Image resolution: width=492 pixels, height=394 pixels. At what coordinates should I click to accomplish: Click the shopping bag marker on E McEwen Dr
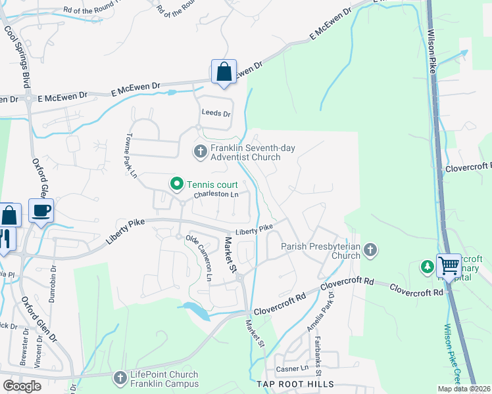pos(224,72)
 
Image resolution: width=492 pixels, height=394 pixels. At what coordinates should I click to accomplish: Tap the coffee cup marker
pos(41,211)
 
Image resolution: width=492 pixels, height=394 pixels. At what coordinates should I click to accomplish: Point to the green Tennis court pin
pos(176,184)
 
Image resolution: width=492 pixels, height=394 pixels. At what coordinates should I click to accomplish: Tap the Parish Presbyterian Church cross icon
pos(371,250)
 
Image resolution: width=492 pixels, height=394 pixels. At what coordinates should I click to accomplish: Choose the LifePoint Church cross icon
pos(120,378)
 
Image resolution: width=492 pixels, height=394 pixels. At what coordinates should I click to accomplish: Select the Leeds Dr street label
pos(216,114)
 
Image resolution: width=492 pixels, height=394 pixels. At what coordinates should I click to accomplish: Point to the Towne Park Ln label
pos(130,158)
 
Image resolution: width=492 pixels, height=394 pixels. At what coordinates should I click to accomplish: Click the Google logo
pos(22,386)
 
